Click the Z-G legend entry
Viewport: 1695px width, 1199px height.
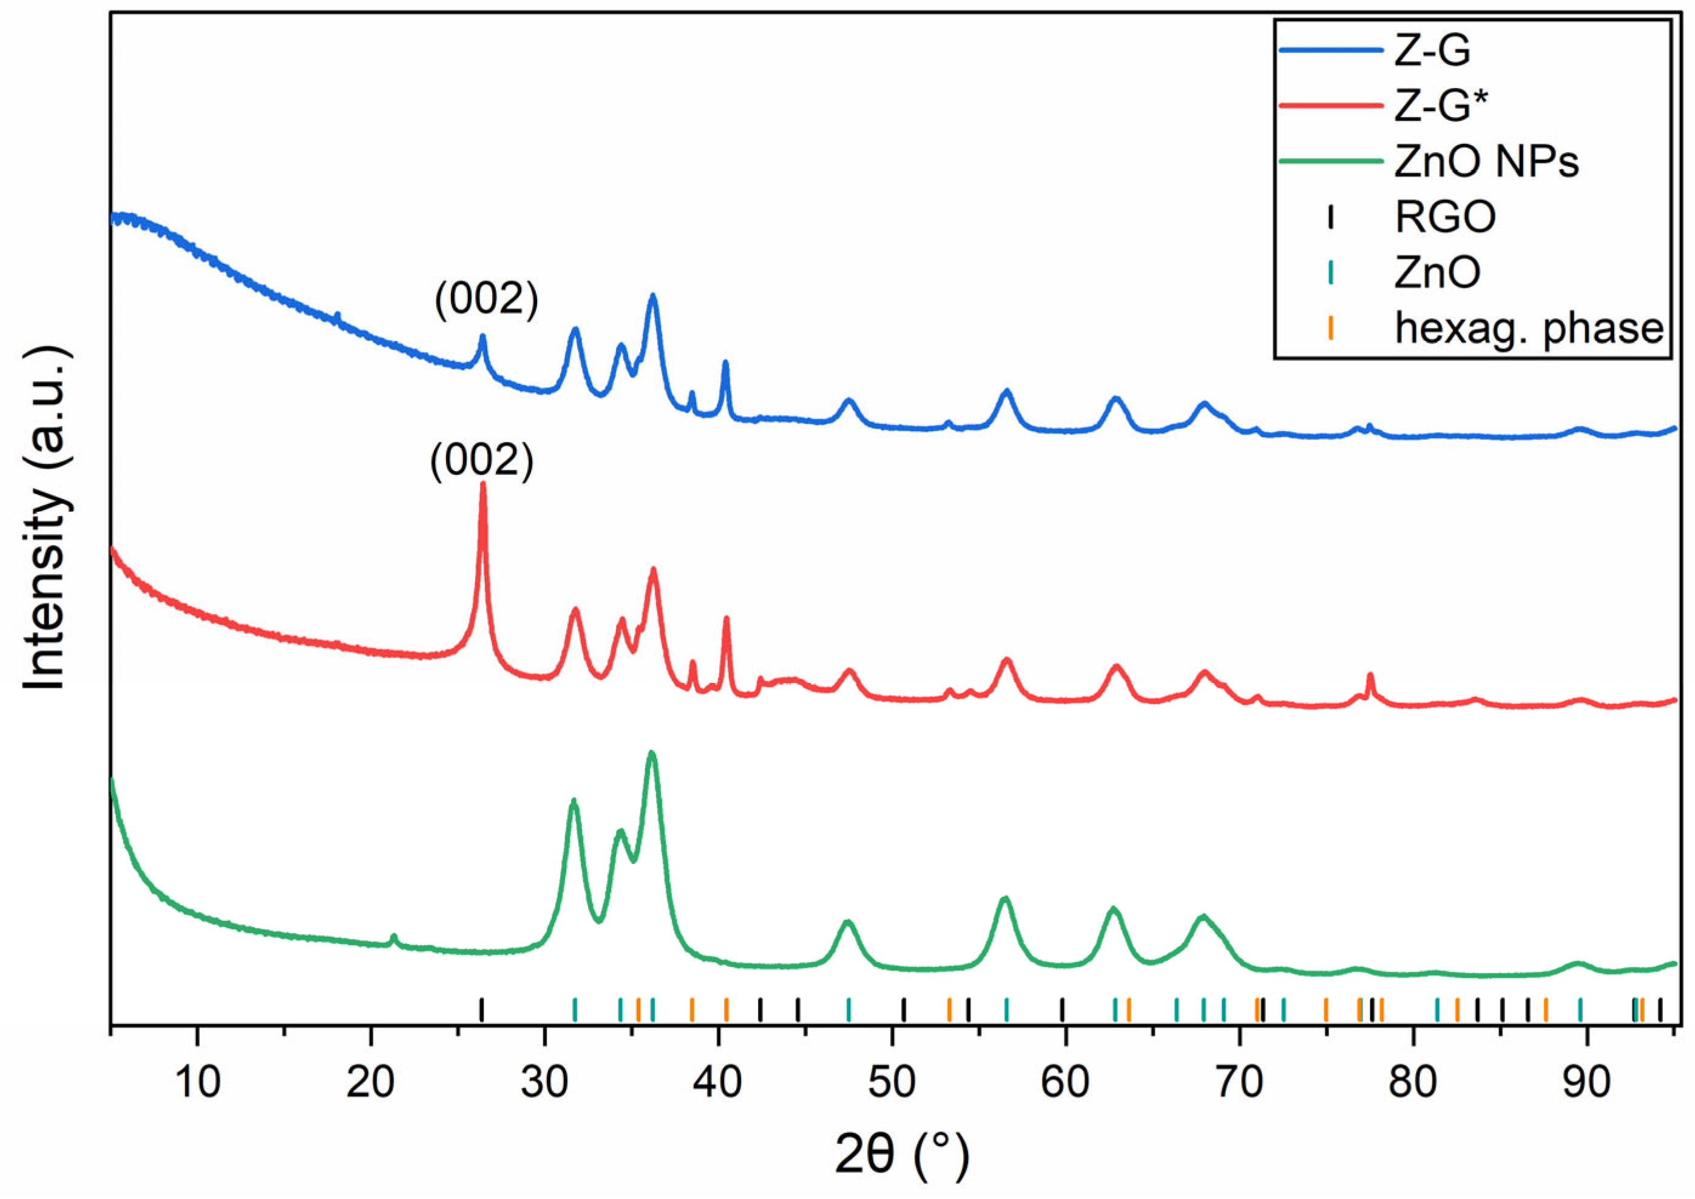pyautogui.click(x=1433, y=51)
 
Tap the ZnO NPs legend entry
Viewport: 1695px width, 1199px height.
pyautogui.click(x=1486, y=161)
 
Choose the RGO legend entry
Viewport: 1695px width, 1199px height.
pyautogui.click(x=1445, y=217)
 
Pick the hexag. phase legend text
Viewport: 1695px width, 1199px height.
pyautogui.click(x=1529, y=328)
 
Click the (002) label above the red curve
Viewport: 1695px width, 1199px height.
pyautogui.click(x=482, y=462)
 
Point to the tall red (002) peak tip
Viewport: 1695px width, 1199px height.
pyautogui.click(x=484, y=486)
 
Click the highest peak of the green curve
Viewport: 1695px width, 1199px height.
pyautogui.click(x=651, y=755)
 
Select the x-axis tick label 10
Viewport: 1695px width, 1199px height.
pyautogui.click(x=198, y=1083)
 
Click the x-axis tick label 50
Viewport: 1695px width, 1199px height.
pyautogui.click(x=891, y=1083)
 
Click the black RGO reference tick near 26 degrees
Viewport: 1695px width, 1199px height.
pyautogui.click(x=481, y=1009)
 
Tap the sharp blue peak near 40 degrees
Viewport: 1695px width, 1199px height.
pyautogui.click(x=725, y=363)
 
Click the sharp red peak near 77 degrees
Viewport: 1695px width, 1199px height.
pyautogui.click(x=1370, y=676)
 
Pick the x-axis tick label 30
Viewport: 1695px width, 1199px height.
pyautogui.click(x=545, y=1083)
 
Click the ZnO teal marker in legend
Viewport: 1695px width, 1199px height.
pyautogui.click(x=1330, y=273)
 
